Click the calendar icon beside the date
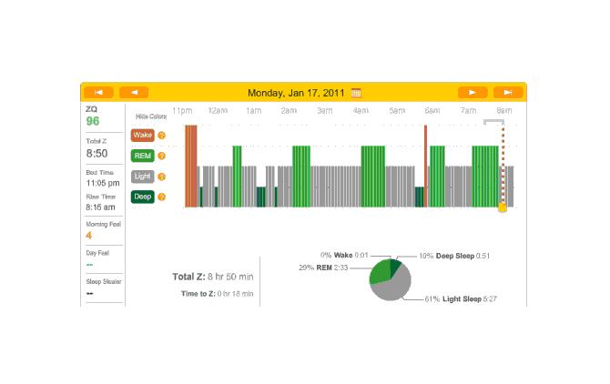point(356,92)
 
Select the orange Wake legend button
point(142,135)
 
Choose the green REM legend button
point(142,156)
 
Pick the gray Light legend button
point(142,177)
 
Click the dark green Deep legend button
point(142,197)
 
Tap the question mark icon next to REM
point(162,156)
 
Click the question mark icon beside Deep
point(162,197)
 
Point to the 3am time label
point(325,110)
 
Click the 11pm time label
point(181,110)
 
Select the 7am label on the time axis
point(468,110)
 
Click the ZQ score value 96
point(93,121)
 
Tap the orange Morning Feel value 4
point(89,236)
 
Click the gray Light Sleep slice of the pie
point(393,288)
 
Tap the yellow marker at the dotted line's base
point(502,208)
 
